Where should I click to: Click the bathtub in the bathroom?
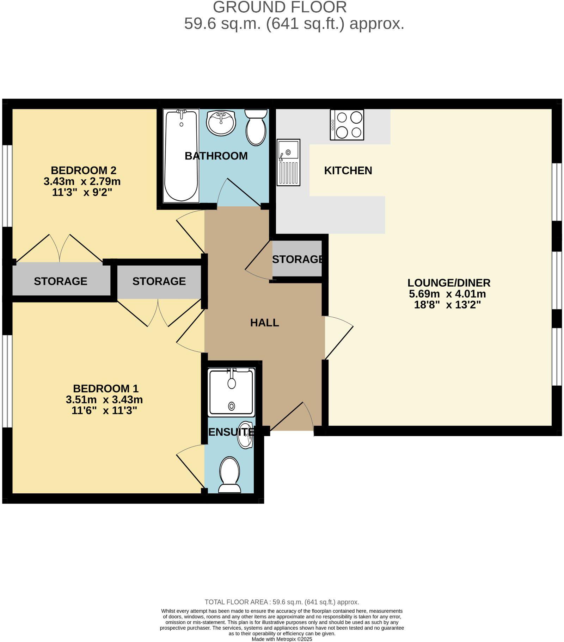coord(181,156)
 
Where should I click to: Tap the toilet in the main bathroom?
coord(256,127)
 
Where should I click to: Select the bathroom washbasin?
coord(221,123)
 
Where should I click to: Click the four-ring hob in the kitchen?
coord(347,125)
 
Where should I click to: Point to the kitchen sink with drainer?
coord(288,162)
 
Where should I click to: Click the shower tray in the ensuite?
coord(231,392)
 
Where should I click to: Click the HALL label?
coord(264,323)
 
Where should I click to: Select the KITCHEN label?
coord(348,170)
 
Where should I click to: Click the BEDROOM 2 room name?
coord(84,170)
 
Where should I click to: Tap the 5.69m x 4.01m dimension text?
coord(447,294)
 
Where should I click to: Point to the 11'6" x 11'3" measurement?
coord(104,410)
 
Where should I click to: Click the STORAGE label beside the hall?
coord(298,259)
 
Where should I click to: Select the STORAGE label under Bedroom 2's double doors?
coord(61,281)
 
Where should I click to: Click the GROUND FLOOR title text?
coord(280,7)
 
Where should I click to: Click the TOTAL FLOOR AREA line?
coord(282,602)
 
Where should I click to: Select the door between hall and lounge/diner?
coord(338,337)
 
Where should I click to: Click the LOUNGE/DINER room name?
coord(449,283)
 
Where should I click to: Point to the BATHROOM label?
coord(216,156)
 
